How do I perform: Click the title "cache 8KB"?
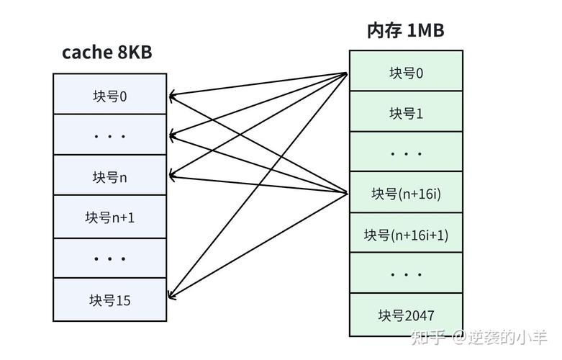click(x=106, y=53)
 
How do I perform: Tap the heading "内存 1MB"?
click(x=405, y=30)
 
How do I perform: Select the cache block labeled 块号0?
click(x=109, y=95)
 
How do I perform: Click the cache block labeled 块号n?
click(x=109, y=176)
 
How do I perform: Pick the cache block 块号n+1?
click(x=109, y=217)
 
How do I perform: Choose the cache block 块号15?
click(x=109, y=300)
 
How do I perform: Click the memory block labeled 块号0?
click(x=406, y=72)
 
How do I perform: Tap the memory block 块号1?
click(x=406, y=112)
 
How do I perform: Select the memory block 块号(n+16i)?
click(x=406, y=193)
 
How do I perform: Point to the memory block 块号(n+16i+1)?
click(x=406, y=234)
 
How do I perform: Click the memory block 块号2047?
click(x=406, y=315)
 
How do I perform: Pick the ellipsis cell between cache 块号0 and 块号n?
click(x=109, y=135)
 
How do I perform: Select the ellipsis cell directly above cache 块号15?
click(x=109, y=258)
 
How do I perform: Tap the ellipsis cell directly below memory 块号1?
click(x=406, y=153)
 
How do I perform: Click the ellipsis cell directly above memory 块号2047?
click(x=406, y=274)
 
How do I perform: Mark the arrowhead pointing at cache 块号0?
click(x=172, y=95)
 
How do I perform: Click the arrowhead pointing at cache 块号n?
click(x=172, y=174)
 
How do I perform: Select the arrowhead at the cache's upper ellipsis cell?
click(x=172, y=135)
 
